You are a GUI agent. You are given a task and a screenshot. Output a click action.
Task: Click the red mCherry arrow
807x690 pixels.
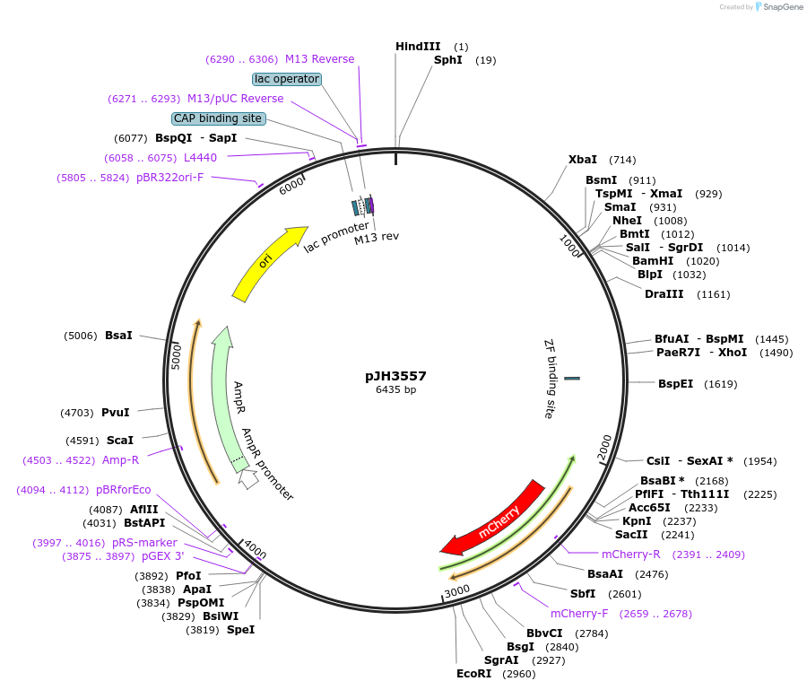pos(492,520)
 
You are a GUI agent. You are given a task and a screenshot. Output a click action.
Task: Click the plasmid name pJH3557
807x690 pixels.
pos(395,376)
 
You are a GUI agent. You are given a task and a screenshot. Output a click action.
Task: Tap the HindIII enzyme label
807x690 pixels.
pos(418,46)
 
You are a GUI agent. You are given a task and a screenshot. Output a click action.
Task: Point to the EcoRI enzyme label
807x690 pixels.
pos(474,673)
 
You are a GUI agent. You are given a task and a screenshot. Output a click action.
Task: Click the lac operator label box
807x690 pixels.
pos(287,79)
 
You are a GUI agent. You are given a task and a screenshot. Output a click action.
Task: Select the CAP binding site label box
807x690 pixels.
pos(218,118)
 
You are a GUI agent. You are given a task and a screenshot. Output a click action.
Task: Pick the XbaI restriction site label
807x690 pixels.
pos(583,160)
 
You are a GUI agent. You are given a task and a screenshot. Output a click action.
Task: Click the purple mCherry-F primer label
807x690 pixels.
pos(578,614)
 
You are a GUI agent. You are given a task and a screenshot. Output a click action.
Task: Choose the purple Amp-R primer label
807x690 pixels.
pos(121,460)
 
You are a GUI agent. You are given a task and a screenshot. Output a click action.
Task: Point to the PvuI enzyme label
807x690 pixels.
pos(115,413)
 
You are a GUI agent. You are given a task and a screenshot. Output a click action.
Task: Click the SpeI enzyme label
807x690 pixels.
pos(240,630)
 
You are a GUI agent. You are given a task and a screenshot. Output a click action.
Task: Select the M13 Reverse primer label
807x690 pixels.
pos(319,59)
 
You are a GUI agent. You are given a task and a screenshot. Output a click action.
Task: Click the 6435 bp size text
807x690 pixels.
pos(395,389)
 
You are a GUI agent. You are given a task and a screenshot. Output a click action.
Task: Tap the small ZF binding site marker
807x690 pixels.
pos(571,379)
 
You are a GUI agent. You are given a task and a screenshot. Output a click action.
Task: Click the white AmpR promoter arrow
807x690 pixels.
pos(248,479)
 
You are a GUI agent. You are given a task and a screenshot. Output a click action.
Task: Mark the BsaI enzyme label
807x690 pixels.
pos(118,335)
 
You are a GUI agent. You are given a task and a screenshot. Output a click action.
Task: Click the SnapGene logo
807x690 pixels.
pos(778,7)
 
